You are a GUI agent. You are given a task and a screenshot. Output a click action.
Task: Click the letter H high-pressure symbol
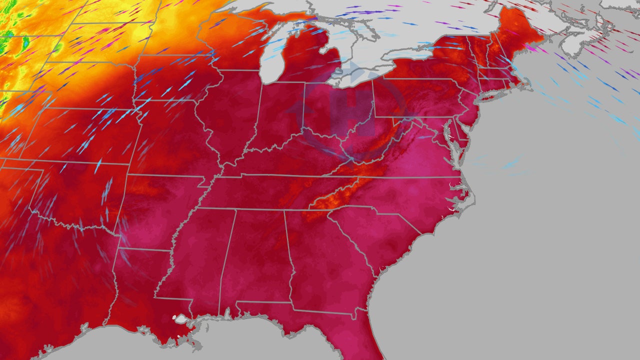[354, 107]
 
